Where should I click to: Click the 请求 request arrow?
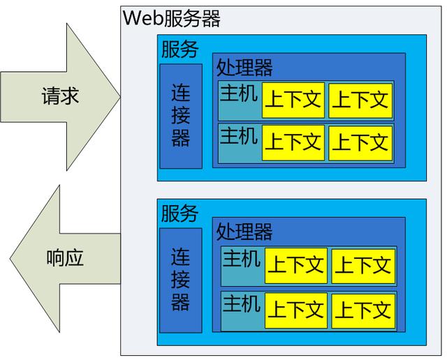(x=60, y=96)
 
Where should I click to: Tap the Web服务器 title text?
(x=172, y=18)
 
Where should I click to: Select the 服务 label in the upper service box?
(x=179, y=50)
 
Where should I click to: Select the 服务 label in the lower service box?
(x=179, y=213)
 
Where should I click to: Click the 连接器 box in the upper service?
(x=180, y=116)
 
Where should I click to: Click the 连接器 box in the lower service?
(x=180, y=280)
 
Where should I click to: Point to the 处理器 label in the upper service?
(x=244, y=67)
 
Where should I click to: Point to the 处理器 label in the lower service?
(x=244, y=231)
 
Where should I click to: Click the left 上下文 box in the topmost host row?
(x=293, y=100)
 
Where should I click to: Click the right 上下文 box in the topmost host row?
(x=360, y=100)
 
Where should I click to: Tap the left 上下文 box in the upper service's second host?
(x=293, y=142)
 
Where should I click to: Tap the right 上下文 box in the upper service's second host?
(x=360, y=142)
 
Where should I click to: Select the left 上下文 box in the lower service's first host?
(x=295, y=266)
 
